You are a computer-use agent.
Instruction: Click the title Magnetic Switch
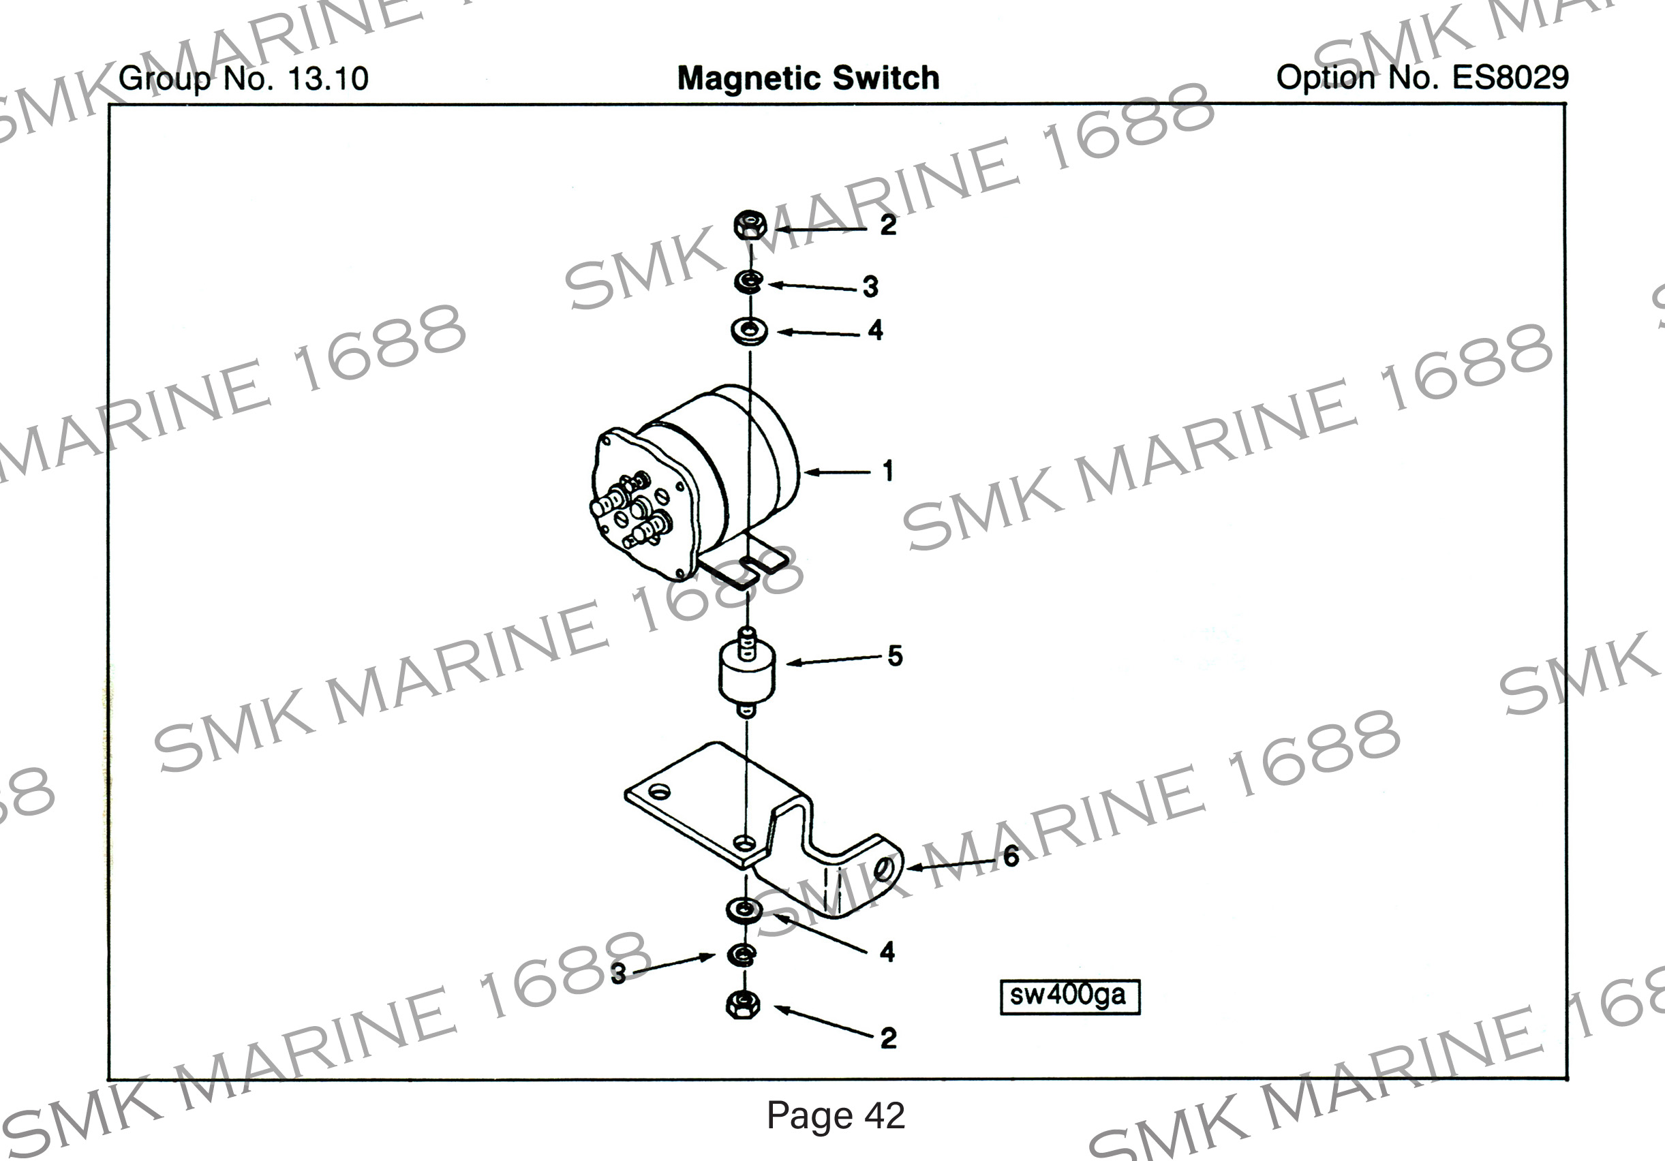[x=808, y=78]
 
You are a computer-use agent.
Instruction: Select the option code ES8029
[x=1510, y=78]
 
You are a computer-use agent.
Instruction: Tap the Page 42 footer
[x=836, y=1115]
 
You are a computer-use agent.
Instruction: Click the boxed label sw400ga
[x=1069, y=996]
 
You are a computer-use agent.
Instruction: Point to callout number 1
[x=887, y=471]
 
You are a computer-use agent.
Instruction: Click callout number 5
[x=895, y=656]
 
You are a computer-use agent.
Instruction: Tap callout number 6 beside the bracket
[x=1011, y=856]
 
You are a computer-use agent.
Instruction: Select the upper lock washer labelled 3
[x=748, y=282]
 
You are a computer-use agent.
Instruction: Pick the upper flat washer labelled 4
[x=749, y=330]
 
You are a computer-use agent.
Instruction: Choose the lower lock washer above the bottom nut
[x=742, y=956]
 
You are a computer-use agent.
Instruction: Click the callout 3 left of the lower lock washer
[x=618, y=974]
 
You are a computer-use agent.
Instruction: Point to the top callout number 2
[x=887, y=226]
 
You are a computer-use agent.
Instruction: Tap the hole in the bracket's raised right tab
[x=883, y=868]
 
